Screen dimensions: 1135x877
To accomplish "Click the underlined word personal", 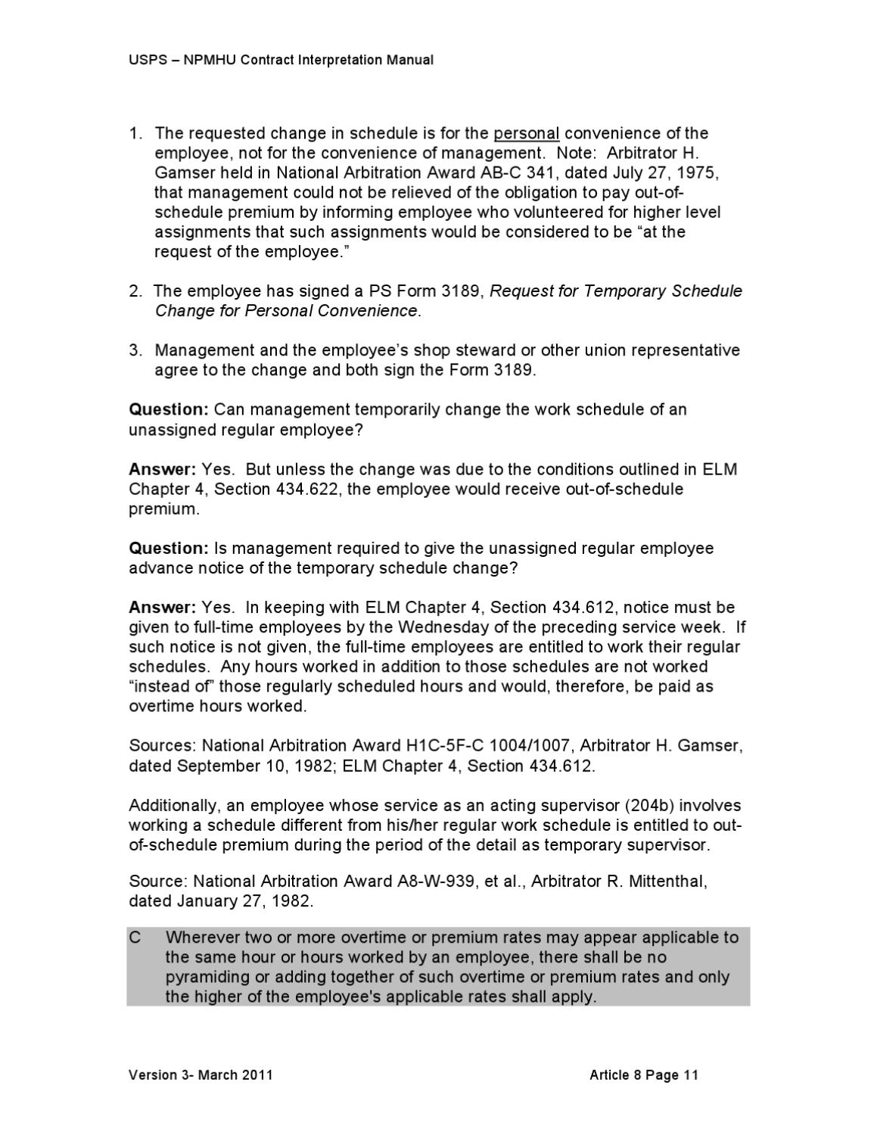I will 526,134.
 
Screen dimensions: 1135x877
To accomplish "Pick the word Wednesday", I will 443,627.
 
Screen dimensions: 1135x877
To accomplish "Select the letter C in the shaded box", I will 135,938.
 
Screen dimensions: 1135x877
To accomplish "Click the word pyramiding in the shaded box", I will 204,978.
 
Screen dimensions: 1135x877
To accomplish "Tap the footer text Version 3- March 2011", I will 201,1075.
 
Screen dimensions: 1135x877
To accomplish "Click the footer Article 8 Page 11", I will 644,1075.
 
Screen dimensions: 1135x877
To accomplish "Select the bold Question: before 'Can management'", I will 168,410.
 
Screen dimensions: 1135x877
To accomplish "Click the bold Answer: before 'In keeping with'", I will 163,608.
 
